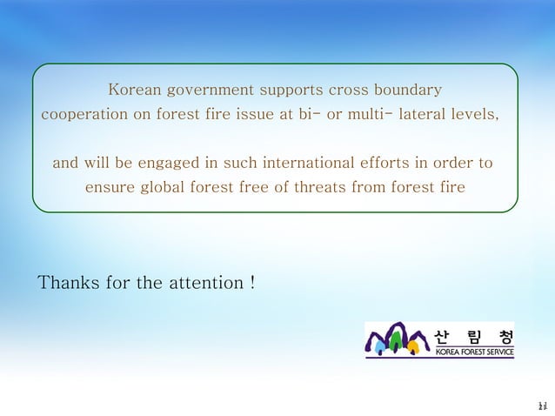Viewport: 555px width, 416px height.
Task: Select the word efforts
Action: point(385,163)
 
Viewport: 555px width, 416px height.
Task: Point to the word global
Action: point(179,187)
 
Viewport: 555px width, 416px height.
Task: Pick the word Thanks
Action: point(69,283)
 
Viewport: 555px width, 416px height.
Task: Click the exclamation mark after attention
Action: point(251,283)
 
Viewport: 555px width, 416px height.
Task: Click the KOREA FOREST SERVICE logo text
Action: point(474,352)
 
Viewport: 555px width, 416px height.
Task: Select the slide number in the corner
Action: point(541,406)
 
